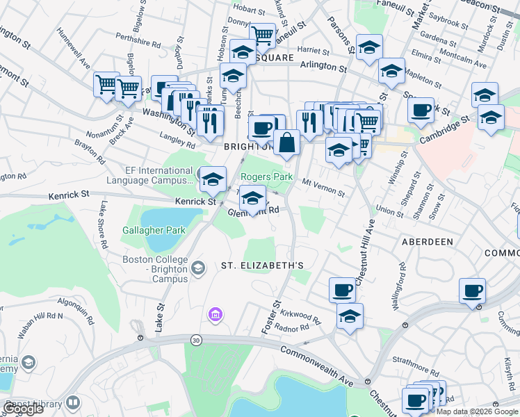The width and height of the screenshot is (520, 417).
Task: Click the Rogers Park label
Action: (x=267, y=177)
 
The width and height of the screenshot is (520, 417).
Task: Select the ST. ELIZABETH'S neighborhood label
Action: (x=263, y=265)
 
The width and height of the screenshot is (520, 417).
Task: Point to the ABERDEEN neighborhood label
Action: (x=428, y=241)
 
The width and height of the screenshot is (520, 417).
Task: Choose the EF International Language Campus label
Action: (x=149, y=175)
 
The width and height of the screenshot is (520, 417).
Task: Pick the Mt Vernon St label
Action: (x=324, y=187)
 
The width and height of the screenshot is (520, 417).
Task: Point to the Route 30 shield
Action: (x=197, y=339)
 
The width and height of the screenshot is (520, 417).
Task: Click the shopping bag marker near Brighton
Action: (x=286, y=142)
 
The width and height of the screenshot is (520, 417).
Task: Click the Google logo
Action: (x=23, y=409)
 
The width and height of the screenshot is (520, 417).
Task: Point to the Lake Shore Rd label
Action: (x=102, y=224)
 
